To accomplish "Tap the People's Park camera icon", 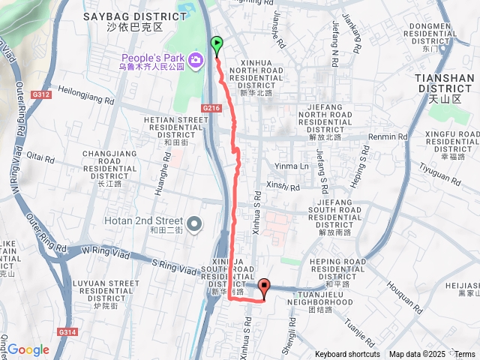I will (196, 59).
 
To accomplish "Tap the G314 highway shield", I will (65, 331).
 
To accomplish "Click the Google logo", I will (28, 349).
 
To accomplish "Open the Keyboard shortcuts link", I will (347, 355).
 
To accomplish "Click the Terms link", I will (464, 355).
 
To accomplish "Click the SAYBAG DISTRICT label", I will (145, 16).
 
